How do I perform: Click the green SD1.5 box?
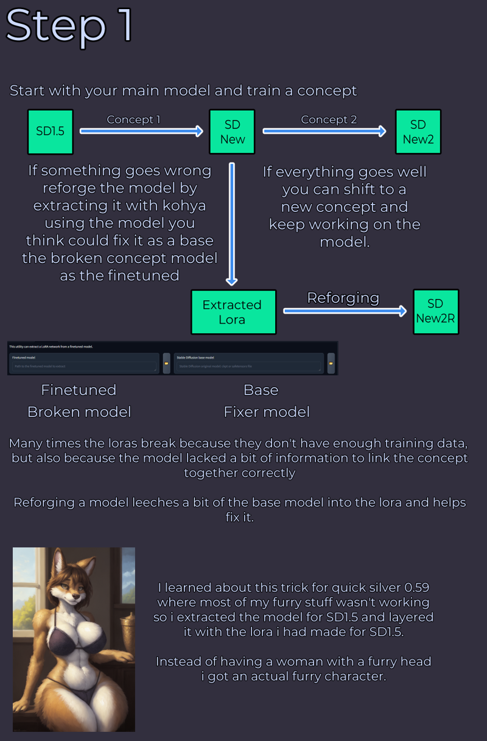[51, 132]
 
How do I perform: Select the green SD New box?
[232, 132]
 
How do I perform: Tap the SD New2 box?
[418, 132]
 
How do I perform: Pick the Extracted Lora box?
[233, 312]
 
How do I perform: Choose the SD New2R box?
[435, 311]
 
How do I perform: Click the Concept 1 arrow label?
[133, 119]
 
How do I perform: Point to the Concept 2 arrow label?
[329, 119]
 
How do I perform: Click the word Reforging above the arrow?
[343, 298]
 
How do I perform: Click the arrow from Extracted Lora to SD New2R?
[345, 311]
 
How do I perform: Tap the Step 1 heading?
[69, 26]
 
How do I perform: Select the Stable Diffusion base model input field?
[248, 366]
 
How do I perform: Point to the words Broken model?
[79, 412]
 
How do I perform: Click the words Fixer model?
[267, 412]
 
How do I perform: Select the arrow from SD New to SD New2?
[324, 131]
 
